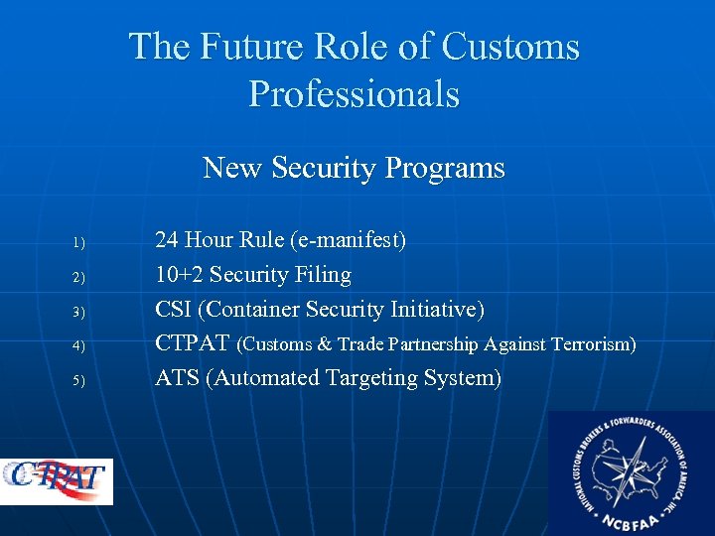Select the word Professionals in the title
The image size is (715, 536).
pos(354,94)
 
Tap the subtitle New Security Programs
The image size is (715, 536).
pos(354,168)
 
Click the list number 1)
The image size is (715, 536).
pos(79,242)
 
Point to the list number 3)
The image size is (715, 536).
pos(79,312)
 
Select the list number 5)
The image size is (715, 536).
pos(79,380)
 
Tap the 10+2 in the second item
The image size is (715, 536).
pos(179,275)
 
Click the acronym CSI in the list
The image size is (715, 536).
pos(174,310)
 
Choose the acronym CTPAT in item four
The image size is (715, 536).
pos(193,343)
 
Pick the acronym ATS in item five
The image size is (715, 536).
pos(178,378)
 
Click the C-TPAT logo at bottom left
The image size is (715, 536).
pos(57,480)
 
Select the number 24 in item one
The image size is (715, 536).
pos(167,240)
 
